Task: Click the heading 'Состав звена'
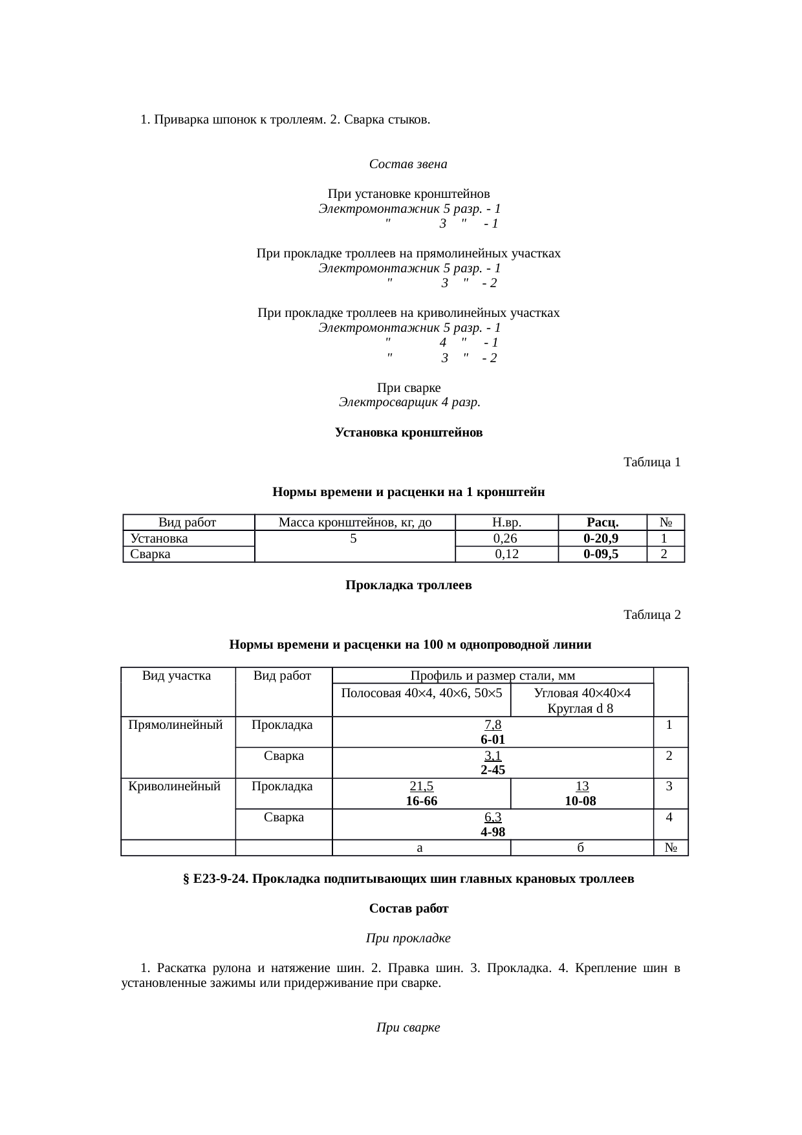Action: [x=408, y=164]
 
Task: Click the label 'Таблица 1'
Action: [x=651, y=462]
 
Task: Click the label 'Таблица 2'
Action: [x=651, y=614]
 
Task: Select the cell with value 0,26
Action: [x=504, y=538]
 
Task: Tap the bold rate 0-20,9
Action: [x=601, y=538]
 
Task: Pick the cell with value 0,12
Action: [x=506, y=554]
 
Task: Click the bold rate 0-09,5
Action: [x=601, y=554]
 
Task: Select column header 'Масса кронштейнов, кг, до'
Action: [x=354, y=523]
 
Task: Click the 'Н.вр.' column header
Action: [x=506, y=523]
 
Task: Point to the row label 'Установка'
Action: [x=159, y=538]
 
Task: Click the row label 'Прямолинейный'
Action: [x=176, y=725]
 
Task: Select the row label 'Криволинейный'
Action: [x=175, y=786]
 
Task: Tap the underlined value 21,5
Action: [x=422, y=786]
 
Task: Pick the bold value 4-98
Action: [x=493, y=832]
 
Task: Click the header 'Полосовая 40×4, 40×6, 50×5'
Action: [x=421, y=693]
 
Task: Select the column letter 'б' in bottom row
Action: [x=581, y=847]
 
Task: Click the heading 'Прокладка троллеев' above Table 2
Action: [x=408, y=585]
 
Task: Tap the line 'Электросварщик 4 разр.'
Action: [x=409, y=402]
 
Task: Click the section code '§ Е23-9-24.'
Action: [x=217, y=879]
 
